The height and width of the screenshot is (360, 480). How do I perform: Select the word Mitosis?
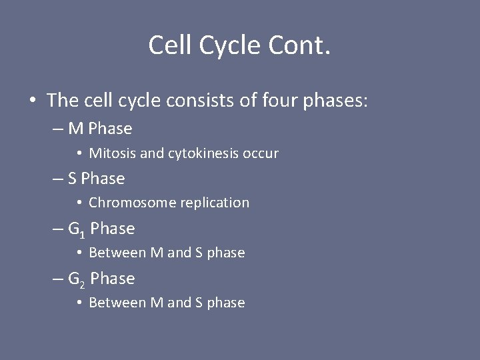[111, 153]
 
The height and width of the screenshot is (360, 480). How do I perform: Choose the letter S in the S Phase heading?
[73, 179]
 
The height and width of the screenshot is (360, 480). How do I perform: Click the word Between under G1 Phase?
[113, 253]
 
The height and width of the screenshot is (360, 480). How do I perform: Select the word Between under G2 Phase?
[113, 303]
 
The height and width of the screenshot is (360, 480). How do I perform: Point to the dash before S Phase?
[58, 179]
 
